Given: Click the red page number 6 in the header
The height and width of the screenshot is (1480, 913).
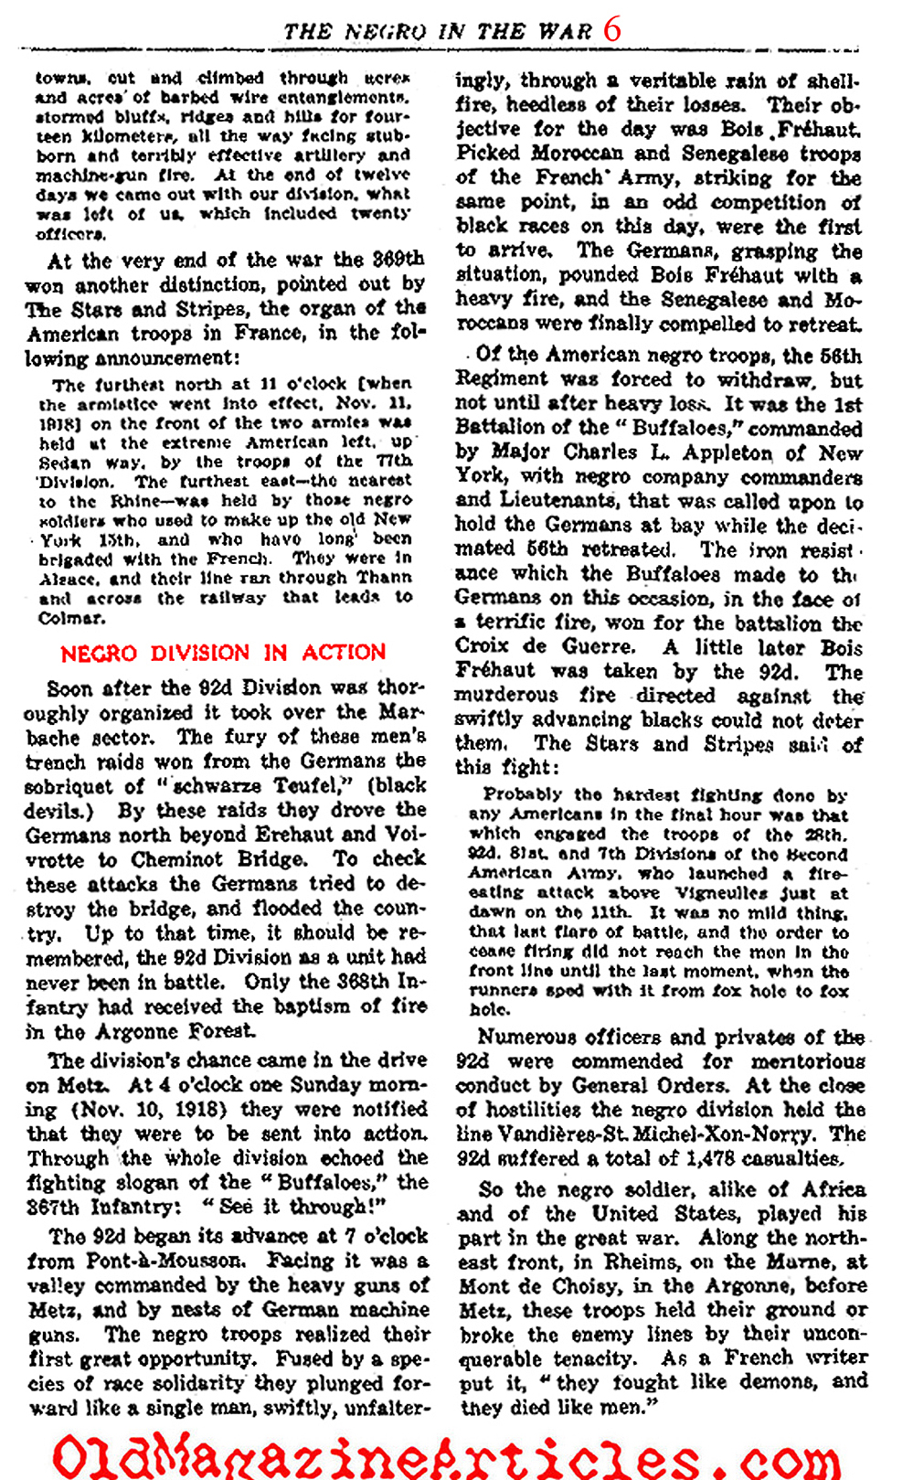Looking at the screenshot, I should click(x=612, y=30).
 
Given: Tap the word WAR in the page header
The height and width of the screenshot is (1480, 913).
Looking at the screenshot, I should click(x=565, y=31).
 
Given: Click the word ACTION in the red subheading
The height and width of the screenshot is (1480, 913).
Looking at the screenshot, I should click(x=344, y=652).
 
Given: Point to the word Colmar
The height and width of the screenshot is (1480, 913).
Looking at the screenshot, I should click(x=71, y=618).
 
